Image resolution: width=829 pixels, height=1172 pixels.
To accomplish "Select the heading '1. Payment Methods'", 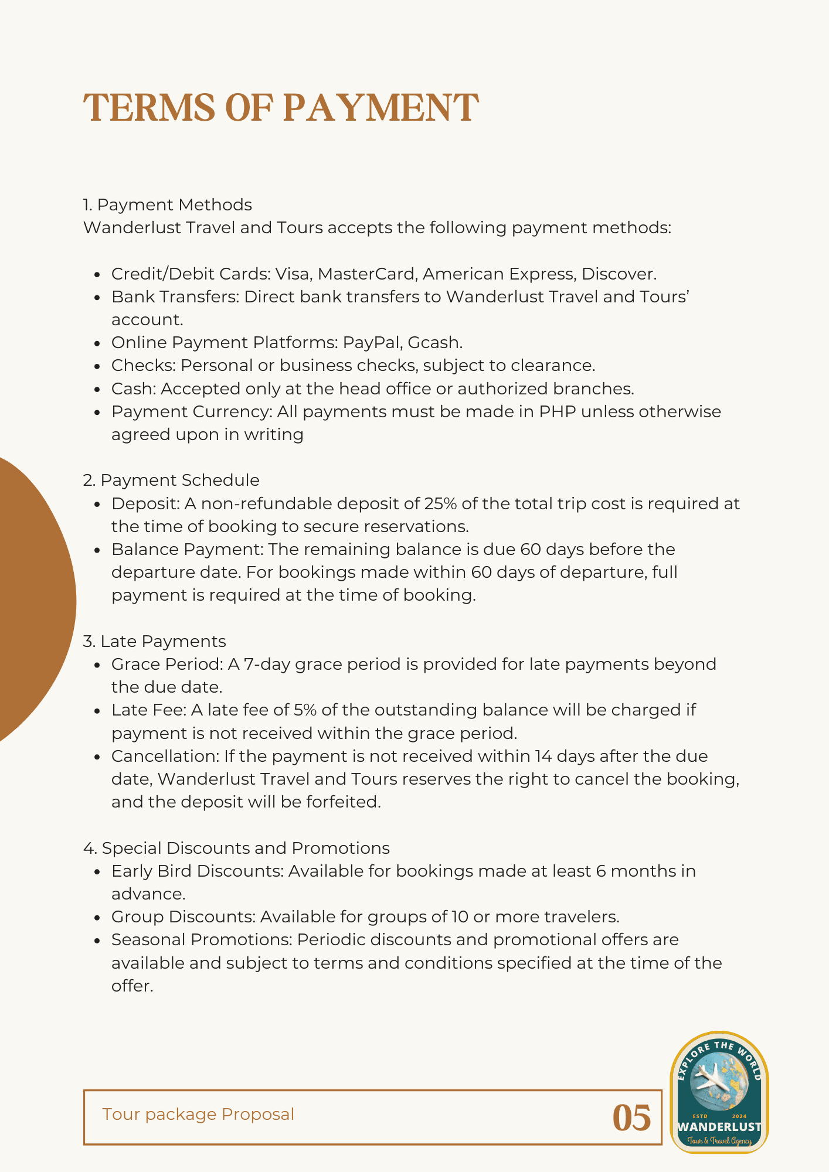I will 167,205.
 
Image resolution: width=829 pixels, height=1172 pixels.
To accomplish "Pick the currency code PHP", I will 557,411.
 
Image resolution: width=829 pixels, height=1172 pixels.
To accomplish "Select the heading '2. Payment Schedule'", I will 171,480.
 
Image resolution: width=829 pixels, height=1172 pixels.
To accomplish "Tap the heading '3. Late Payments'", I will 154,641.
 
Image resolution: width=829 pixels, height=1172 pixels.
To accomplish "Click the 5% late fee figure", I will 305,710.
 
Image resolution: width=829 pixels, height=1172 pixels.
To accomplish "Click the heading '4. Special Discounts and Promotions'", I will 236,848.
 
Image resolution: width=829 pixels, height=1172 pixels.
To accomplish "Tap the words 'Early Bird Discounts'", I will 197,871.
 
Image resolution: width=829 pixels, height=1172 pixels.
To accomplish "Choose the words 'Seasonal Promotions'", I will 202,939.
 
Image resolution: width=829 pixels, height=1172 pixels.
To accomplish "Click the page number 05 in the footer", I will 631,1118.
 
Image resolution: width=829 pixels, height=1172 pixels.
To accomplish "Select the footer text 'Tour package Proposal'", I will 198,1114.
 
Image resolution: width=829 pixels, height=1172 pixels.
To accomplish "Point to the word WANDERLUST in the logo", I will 719,1127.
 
